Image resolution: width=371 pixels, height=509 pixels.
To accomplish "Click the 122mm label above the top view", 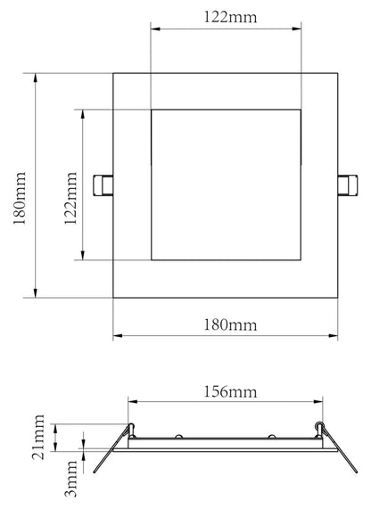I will (x=225, y=15).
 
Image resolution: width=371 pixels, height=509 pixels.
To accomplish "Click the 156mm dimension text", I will (x=225, y=391).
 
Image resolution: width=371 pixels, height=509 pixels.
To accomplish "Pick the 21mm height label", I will (x=38, y=437).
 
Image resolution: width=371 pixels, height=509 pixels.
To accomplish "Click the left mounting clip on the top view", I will (x=103, y=185).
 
